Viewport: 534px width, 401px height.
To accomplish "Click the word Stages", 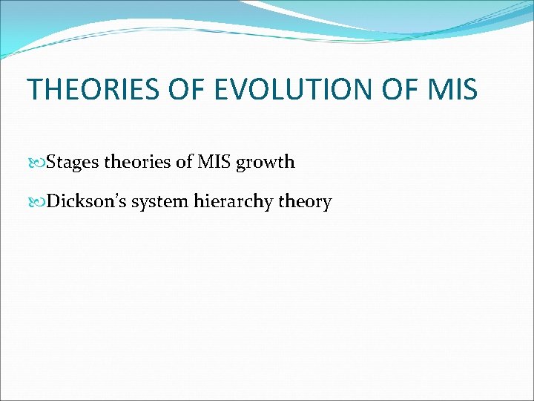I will [73, 162].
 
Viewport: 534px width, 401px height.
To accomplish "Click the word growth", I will [266, 162].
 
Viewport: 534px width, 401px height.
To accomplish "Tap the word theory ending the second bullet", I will [305, 202].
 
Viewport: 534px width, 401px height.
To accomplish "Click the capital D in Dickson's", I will [52, 201].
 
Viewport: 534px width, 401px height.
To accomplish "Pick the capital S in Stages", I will [50, 162].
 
